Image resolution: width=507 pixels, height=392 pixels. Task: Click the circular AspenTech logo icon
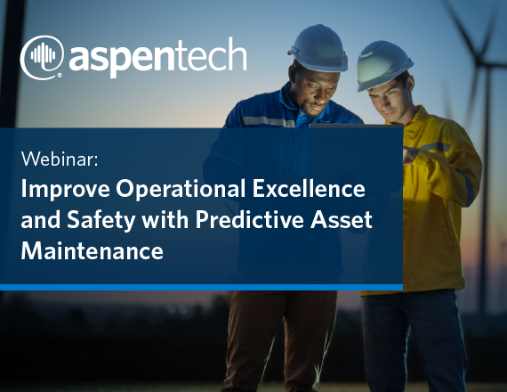pyautogui.click(x=42, y=57)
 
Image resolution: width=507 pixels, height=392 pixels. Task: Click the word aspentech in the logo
pyautogui.click(x=158, y=57)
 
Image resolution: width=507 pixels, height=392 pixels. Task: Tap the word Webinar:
pyautogui.click(x=60, y=159)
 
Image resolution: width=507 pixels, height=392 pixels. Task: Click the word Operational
pyautogui.click(x=181, y=188)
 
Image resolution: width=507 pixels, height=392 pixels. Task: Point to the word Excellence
pyautogui.click(x=309, y=188)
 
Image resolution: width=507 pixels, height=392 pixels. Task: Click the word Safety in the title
pyautogui.click(x=101, y=221)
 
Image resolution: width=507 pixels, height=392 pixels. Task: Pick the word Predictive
pyautogui.click(x=250, y=219)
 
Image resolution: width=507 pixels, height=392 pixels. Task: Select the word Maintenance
pyautogui.click(x=93, y=250)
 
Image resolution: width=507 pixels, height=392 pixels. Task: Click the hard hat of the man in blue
pyautogui.click(x=318, y=48)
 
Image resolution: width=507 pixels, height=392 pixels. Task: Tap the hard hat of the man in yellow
pyautogui.click(x=383, y=65)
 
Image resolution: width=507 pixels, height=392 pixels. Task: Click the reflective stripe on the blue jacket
pyautogui.click(x=269, y=121)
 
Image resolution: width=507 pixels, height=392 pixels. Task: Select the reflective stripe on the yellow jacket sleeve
pyautogui.click(x=434, y=147)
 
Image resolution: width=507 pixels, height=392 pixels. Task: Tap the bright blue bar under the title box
pyautogui.click(x=201, y=287)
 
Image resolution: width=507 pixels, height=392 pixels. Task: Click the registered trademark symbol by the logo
pyautogui.click(x=60, y=76)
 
